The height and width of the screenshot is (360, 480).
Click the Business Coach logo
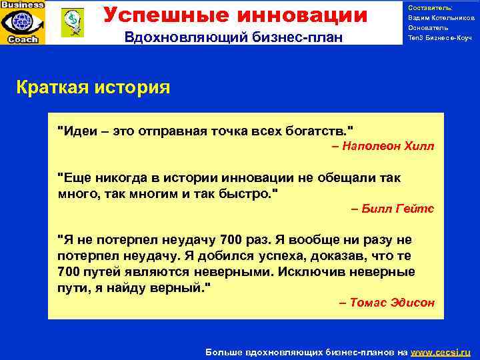pos(23,22)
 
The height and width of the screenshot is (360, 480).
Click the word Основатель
pos(428,28)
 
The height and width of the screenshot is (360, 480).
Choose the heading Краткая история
pos(93,87)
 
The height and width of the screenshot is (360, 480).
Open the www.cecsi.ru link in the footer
pos(441,351)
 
